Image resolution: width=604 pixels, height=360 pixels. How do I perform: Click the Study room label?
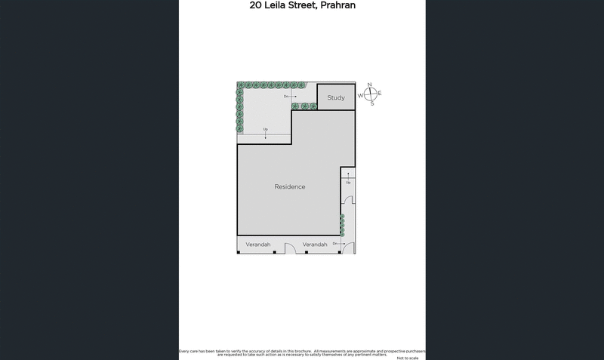(336, 97)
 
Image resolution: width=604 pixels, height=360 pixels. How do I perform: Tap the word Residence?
(290, 186)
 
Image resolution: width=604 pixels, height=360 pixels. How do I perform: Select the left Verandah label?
(258, 245)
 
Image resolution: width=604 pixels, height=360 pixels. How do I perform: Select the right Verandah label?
(315, 245)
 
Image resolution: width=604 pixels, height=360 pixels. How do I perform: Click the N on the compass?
(370, 85)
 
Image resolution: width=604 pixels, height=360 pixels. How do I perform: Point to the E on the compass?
(380, 94)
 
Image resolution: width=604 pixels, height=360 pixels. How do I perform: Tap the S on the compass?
(371, 103)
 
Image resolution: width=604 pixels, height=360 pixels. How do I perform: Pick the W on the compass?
(361, 95)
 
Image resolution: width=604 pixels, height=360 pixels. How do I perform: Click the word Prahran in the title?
(333, 5)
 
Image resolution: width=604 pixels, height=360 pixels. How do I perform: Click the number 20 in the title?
(257, 5)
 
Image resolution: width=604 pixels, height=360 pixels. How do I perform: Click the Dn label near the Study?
(287, 97)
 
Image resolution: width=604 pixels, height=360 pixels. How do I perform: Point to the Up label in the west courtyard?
(266, 129)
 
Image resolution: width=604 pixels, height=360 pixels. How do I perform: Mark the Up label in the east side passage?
(348, 183)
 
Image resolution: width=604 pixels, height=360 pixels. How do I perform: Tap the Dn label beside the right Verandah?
(335, 243)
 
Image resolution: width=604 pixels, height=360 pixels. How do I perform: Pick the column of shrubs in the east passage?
(342, 225)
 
